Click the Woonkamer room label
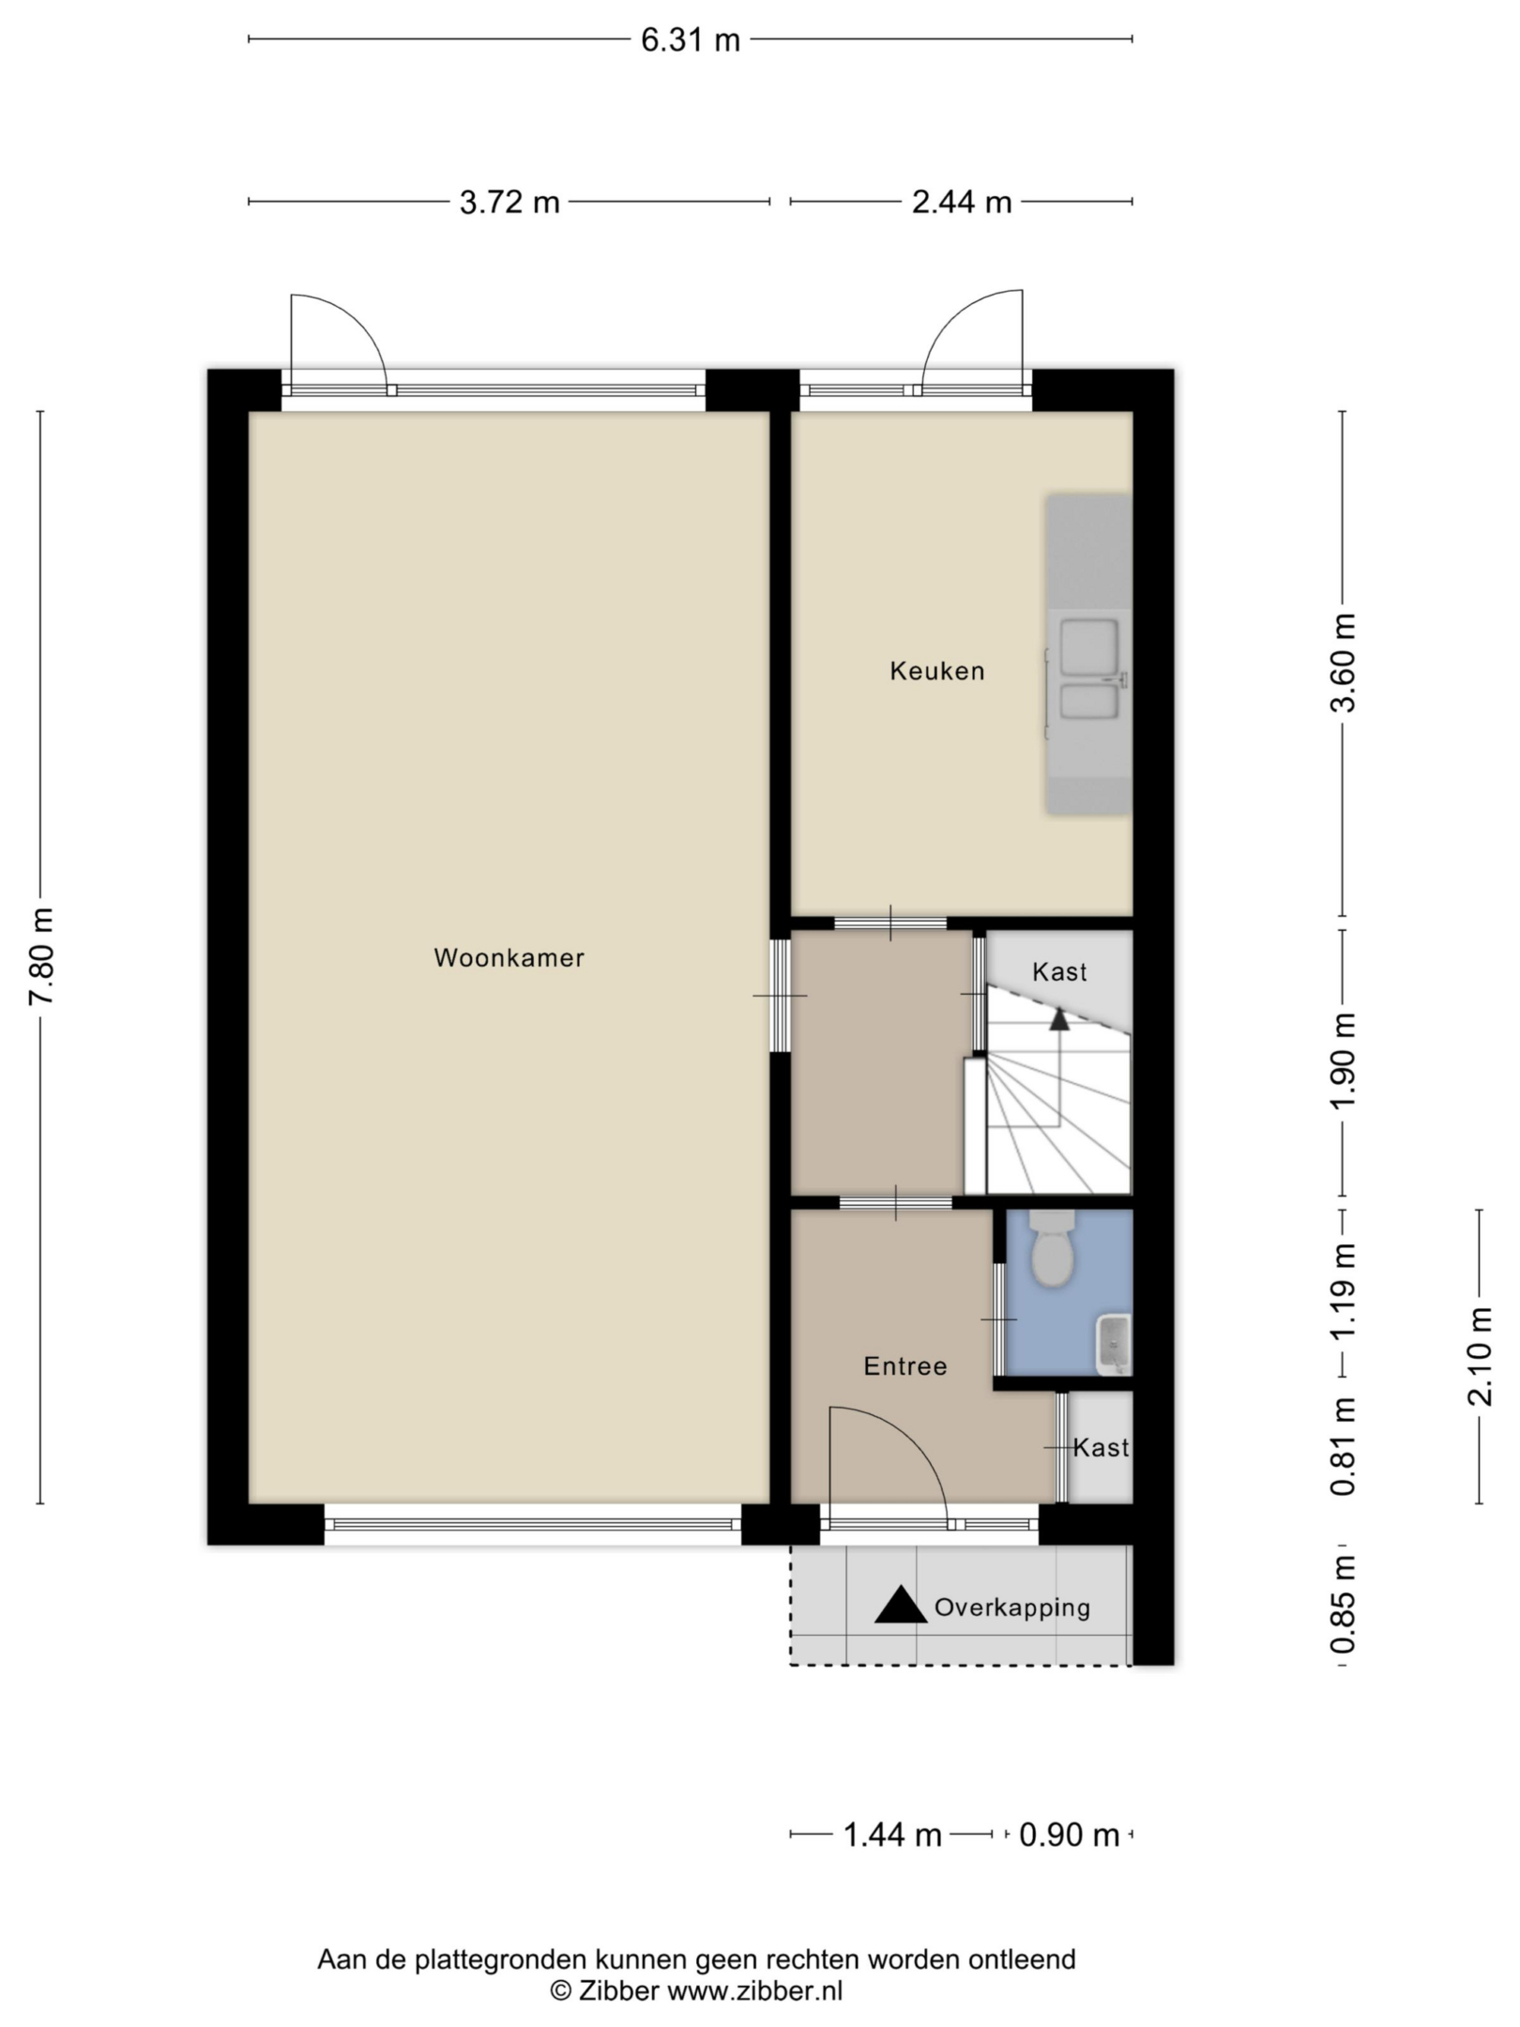(x=509, y=958)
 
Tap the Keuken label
(x=937, y=671)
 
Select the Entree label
(x=905, y=1366)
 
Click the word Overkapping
(x=1012, y=1608)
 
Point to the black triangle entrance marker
(x=901, y=1605)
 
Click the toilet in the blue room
(x=1053, y=1248)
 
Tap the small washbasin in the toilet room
(x=1114, y=1345)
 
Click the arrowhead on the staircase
(x=1059, y=1019)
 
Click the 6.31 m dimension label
(x=691, y=40)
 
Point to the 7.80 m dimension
(x=41, y=956)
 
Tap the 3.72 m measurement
(x=509, y=202)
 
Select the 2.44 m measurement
(x=962, y=202)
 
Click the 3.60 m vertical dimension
(x=1344, y=663)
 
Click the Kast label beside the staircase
(x=1059, y=972)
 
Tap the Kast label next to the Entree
(x=1101, y=1448)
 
